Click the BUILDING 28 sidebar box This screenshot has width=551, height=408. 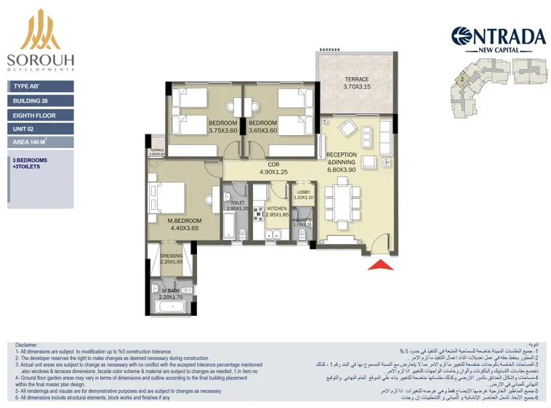[41, 101]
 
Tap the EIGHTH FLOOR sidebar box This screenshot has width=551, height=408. [41, 115]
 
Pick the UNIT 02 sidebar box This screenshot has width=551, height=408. [41, 128]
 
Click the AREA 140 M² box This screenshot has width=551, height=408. [41, 142]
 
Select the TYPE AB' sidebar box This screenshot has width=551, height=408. [41, 86]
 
